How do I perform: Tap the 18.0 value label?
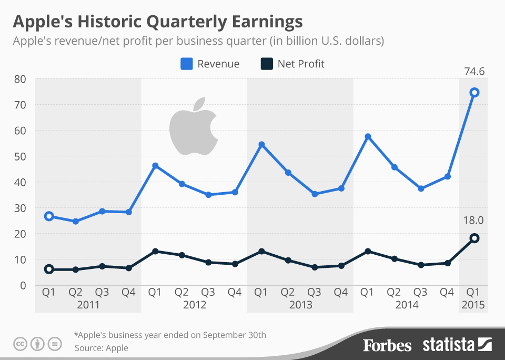point(473,218)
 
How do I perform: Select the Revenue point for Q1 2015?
point(474,93)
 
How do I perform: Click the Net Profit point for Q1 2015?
point(474,238)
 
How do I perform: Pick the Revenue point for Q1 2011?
point(49,216)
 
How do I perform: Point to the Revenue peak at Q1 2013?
point(261,145)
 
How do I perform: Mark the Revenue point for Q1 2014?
point(368,137)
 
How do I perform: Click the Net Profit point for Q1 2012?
point(155,252)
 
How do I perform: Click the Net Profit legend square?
point(267,64)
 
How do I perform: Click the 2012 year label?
point(195,305)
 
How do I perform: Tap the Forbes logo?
point(387,345)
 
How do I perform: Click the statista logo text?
point(448,345)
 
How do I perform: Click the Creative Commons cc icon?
point(21,344)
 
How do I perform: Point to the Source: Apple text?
point(102,348)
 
